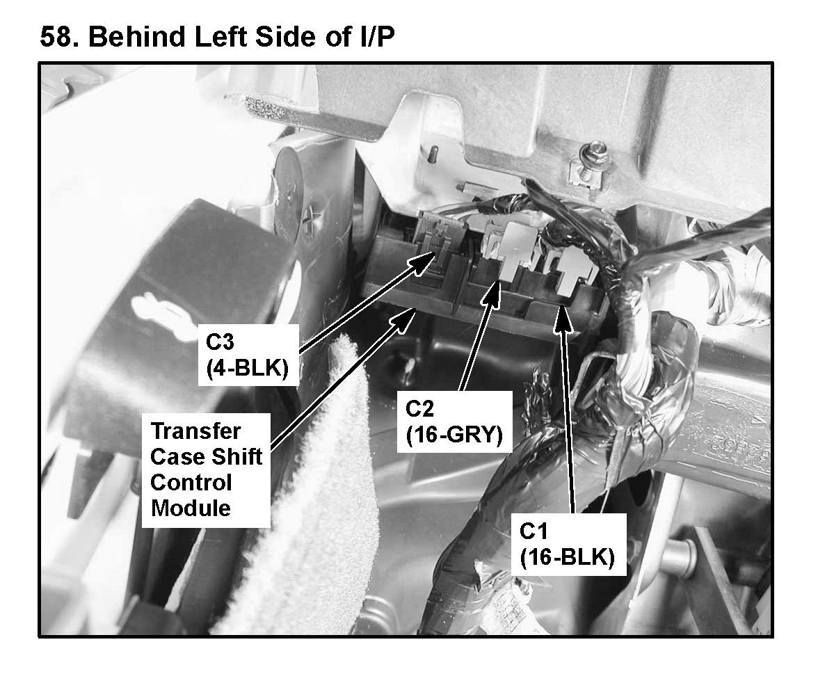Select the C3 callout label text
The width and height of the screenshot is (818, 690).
point(220,342)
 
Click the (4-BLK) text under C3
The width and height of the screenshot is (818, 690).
point(248,368)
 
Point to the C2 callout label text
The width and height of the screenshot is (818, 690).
point(419,408)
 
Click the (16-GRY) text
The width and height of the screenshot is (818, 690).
point(454,435)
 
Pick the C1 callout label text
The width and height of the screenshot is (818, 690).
point(533,531)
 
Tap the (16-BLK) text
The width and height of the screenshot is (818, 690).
point(567,558)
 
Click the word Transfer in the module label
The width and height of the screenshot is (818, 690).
point(195,431)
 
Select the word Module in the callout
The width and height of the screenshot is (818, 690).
point(191,508)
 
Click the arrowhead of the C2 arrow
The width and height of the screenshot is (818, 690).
point(493,293)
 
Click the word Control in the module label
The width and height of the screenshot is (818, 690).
point(191,483)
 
